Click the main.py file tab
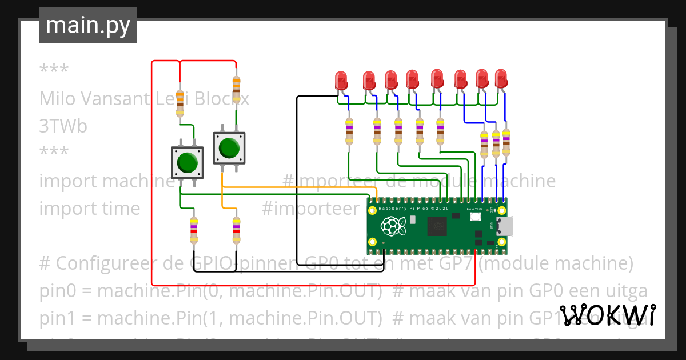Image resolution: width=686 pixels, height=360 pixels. pyautogui.click(x=87, y=25)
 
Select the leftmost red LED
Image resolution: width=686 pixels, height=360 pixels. pyautogui.click(x=341, y=80)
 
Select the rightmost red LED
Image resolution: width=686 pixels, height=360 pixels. pyautogui.click(x=501, y=78)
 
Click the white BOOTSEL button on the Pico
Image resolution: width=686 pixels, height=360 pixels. pyautogui.click(x=475, y=217)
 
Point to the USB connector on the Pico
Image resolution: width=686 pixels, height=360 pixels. pyautogui.click(x=505, y=226)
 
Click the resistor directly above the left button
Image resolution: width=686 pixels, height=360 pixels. pyautogui.click(x=180, y=103)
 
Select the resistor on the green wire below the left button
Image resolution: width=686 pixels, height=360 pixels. pyautogui.click(x=194, y=231)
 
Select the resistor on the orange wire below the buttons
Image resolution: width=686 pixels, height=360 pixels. pyautogui.click(x=236, y=231)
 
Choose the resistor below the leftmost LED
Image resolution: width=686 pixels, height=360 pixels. pyautogui.click(x=349, y=132)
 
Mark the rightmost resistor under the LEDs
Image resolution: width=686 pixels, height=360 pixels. pyautogui.click(x=506, y=142)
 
